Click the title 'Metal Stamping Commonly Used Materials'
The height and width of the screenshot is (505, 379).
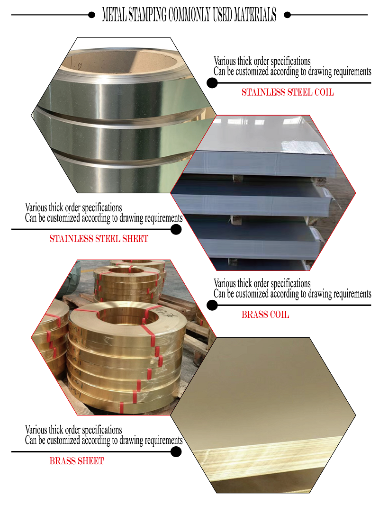(x=189, y=15)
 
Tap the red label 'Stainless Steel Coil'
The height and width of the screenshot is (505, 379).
(x=288, y=92)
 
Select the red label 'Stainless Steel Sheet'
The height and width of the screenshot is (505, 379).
(x=99, y=239)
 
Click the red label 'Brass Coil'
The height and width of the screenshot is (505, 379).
(x=265, y=315)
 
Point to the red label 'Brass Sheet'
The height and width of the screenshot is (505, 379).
(x=77, y=461)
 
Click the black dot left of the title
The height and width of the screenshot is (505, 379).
(x=91, y=15)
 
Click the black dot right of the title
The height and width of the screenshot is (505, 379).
(x=288, y=15)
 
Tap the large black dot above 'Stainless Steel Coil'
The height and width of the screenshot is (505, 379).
(x=212, y=83)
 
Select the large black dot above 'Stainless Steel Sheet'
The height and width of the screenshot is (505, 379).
(x=176, y=229)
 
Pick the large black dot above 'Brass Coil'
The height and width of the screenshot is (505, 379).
(x=212, y=305)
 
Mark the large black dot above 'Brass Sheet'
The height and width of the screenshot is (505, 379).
(x=176, y=451)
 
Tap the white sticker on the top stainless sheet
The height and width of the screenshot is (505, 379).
(x=303, y=147)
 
